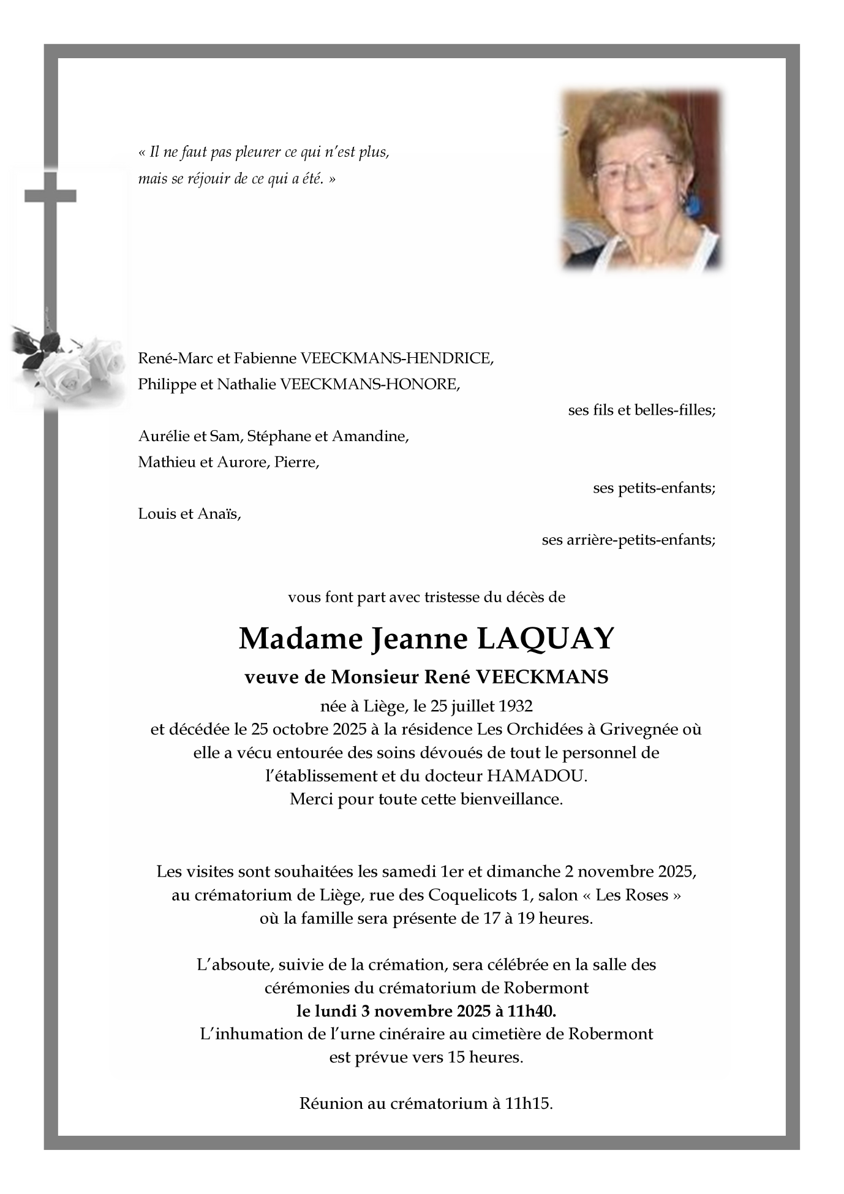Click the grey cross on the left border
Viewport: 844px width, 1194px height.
50,202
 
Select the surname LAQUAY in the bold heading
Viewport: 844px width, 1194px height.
544,639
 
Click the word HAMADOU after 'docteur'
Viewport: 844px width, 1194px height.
536,776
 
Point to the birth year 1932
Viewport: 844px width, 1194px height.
516,706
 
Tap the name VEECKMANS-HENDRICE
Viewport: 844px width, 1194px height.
396,358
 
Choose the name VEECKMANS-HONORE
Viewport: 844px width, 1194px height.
369,385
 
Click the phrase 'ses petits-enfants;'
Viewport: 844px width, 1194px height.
654,488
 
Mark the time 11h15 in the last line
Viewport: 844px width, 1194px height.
529,1104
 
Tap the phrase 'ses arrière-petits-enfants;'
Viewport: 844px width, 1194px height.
628,540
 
